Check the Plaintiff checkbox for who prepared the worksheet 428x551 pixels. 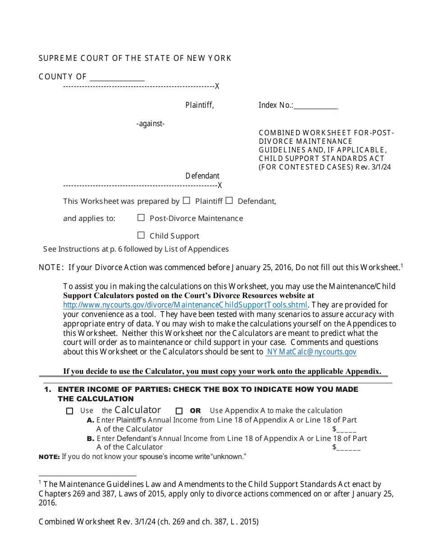point(187,201)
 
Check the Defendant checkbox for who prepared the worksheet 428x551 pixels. point(229,201)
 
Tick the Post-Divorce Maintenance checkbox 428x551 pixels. point(141,218)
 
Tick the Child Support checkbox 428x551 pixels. point(141,235)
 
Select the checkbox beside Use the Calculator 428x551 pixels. point(69,411)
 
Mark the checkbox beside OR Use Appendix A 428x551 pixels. point(179,411)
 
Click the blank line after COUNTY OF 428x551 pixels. point(117,77)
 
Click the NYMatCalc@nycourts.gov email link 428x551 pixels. point(311,352)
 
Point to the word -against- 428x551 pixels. point(150,124)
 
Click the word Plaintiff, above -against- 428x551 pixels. point(200,105)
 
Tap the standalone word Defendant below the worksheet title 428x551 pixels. point(202,176)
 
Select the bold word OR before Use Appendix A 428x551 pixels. point(196,411)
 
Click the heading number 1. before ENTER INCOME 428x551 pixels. point(48,389)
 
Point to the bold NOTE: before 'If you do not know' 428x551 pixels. point(49,457)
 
